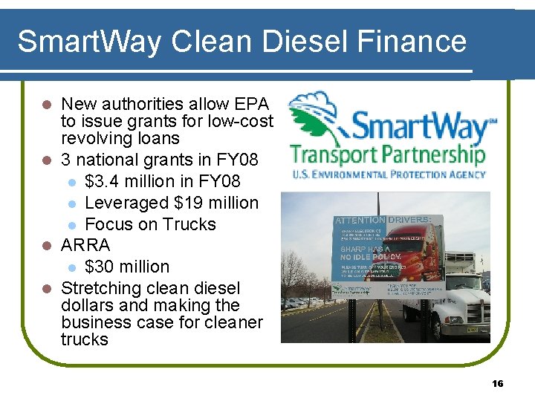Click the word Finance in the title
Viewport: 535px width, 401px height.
[x=419, y=42]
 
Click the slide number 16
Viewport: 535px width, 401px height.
[x=498, y=383]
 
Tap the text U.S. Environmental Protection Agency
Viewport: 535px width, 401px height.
[x=387, y=175]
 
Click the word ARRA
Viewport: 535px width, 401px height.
[x=85, y=245]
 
